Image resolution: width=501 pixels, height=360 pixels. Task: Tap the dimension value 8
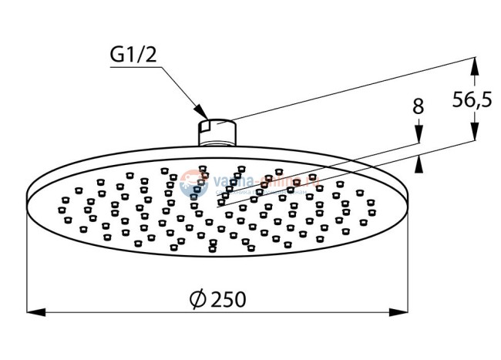point(419,107)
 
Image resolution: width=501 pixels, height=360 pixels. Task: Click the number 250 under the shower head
point(228,298)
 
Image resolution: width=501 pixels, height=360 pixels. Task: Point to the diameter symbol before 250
point(197,299)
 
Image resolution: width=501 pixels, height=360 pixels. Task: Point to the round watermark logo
point(189,183)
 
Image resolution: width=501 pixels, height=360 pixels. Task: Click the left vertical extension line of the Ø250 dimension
point(28,262)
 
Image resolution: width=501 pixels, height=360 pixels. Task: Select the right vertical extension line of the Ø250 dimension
point(408,262)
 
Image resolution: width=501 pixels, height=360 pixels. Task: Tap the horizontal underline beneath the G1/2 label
point(135,68)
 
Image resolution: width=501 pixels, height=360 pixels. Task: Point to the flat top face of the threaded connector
point(217,121)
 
